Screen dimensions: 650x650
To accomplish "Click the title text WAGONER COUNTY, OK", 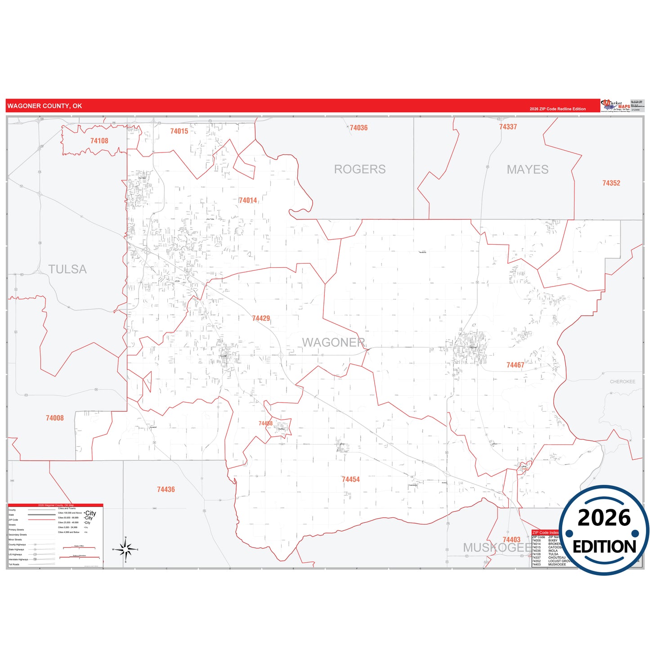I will (x=45, y=106).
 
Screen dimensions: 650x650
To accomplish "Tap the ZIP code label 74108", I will (x=99, y=141).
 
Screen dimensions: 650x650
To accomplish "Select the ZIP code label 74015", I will (x=179, y=131).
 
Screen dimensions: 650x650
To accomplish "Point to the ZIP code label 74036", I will (x=359, y=128).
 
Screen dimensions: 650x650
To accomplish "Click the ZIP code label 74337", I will (x=508, y=127).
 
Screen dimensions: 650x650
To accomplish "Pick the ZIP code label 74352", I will (x=611, y=183).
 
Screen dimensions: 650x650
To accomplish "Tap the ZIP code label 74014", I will (x=248, y=200).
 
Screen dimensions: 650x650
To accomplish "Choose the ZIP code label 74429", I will (x=261, y=318).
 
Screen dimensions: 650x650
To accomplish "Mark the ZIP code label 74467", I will (x=515, y=365).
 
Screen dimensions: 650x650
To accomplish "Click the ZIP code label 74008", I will (x=55, y=418).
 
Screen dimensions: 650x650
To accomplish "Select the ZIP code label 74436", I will (x=166, y=489).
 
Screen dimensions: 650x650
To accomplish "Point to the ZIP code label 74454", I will (x=350, y=480).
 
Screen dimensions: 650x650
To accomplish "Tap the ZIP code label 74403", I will (x=511, y=540).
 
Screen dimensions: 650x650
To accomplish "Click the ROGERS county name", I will (x=359, y=169).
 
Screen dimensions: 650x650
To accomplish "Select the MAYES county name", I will (x=527, y=170).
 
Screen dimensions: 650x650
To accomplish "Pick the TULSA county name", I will (x=67, y=269).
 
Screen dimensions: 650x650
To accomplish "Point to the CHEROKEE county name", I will (x=622, y=381).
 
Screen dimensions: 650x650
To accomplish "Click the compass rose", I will (x=126, y=549).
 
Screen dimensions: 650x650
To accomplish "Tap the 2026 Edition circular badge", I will (x=604, y=531).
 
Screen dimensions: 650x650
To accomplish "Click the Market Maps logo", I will (x=615, y=106).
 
